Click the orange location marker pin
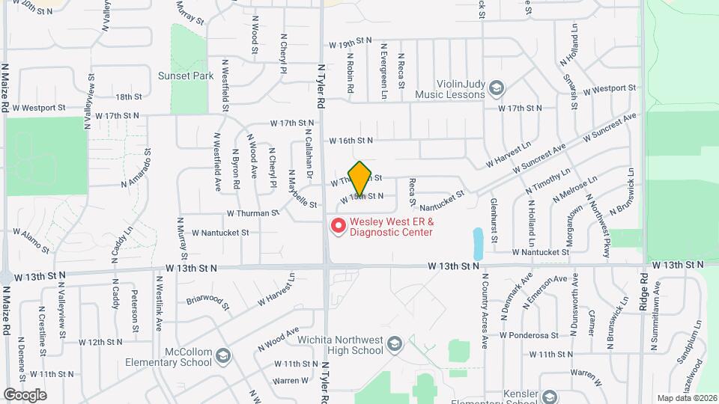[x=360, y=178]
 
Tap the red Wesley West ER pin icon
[x=338, y=224]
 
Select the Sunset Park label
[x=186, y=76]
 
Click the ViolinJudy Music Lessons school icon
[x=496, y=90]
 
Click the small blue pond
[x=477, y=243]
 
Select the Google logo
[x=25, y=394]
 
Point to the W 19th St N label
[x=344, y=44]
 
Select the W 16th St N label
[x=351, y=140]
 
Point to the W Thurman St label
[x=252, y=212]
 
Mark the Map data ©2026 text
[x=686, y=398]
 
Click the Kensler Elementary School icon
[x=550, y=397]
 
